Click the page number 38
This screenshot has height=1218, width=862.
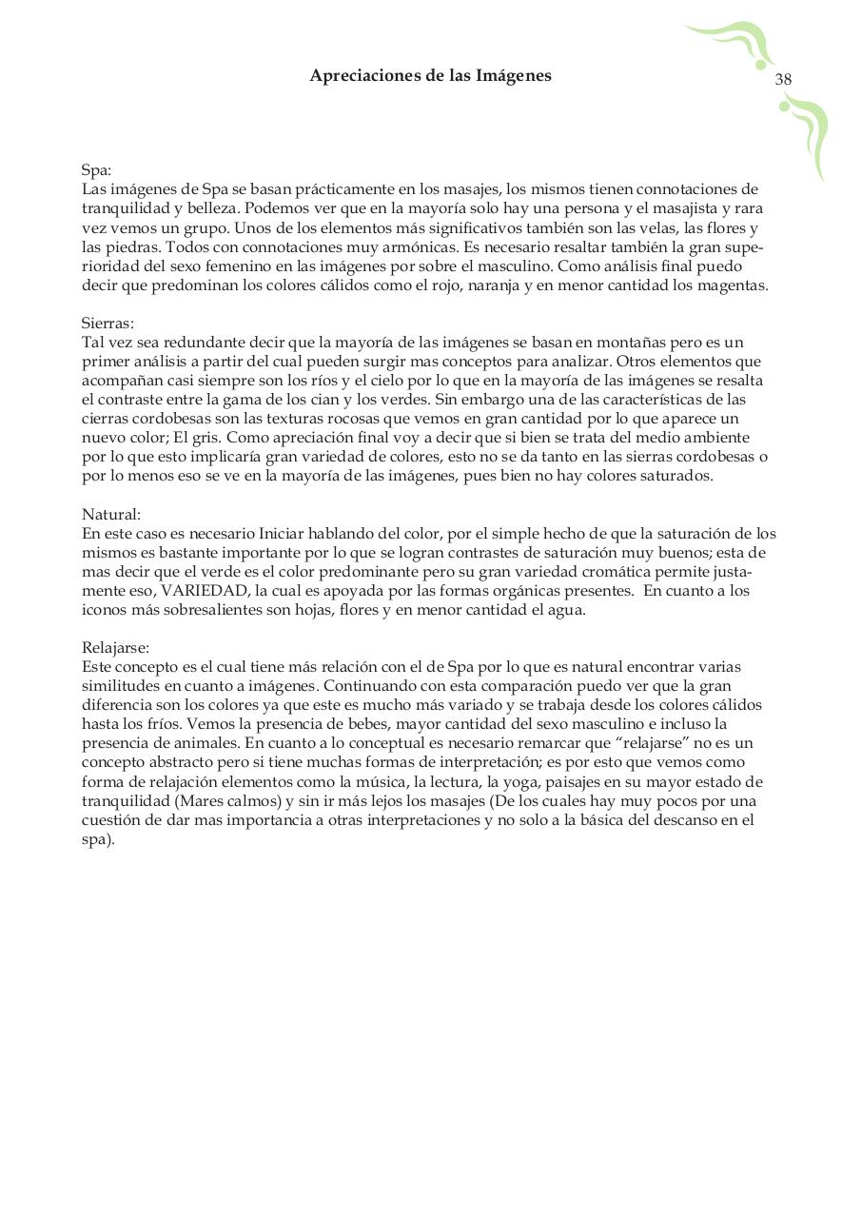point(783,80)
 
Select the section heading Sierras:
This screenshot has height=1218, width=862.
point(108,324)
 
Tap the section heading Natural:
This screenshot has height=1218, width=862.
point(111,515)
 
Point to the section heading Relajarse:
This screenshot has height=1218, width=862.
point(115,648)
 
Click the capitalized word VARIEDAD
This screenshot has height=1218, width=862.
point(203,591)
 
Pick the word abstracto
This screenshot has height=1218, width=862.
point(185,762)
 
